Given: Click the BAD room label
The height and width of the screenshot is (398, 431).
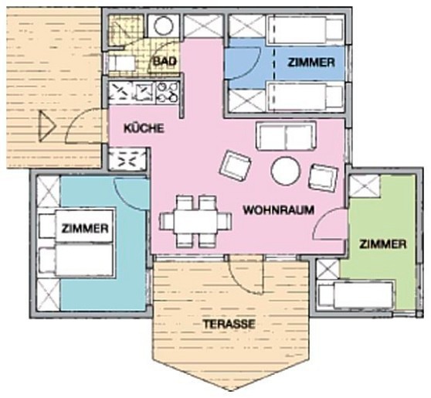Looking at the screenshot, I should [x=165, y=61].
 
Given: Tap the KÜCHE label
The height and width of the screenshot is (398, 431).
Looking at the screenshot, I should [x=144, y=129].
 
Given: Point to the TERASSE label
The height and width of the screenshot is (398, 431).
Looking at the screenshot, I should [x=229, y=325].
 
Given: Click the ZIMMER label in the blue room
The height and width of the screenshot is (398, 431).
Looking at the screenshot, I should [x=311, y=62].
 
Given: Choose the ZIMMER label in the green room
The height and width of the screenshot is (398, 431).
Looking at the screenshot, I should [x=382, y=244].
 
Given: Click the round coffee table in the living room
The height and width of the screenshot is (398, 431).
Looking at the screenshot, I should [x=285, y=171].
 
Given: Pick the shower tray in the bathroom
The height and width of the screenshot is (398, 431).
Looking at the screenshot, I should [x=120, y=30].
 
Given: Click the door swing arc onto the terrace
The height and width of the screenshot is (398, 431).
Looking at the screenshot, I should [x=247, y=274].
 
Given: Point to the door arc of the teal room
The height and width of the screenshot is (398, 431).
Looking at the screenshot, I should [x=131, y=193].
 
